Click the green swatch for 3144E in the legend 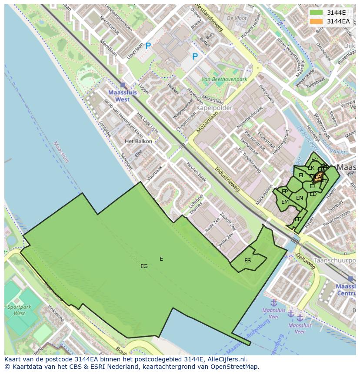tap(317, 13)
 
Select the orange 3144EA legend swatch tap(317, 21)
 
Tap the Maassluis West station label tap(119, 96)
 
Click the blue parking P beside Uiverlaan tap(148, 46)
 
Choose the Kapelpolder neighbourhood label tap(214, 108)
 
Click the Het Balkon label tap(138, 141)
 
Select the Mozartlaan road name tap(207, 121)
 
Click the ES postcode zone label tap(247, 261)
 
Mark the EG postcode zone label tap(144, 266)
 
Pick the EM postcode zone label tap(285, 202)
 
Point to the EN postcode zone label tap(300, 198)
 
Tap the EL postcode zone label tap(302, 175)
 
